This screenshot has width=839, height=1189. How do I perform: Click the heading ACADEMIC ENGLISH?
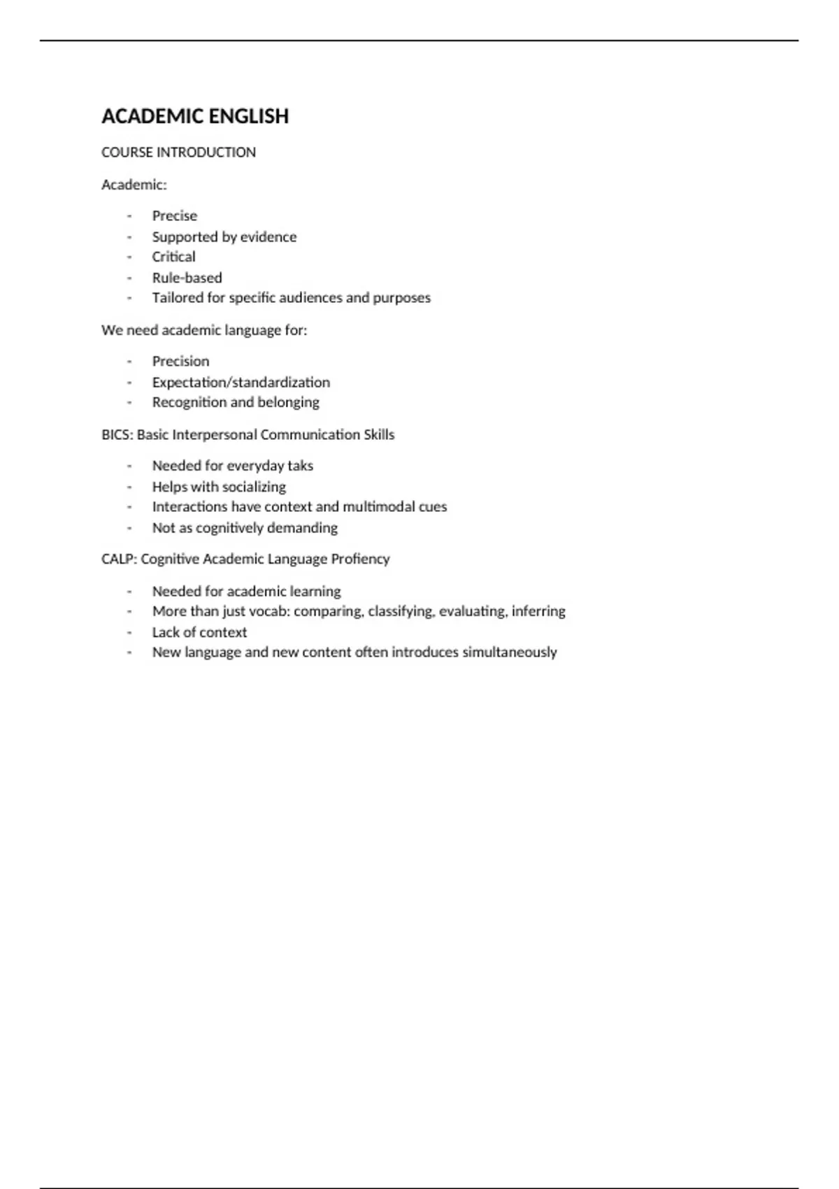[195, 116]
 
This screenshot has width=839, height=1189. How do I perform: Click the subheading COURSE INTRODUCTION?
[178, 152]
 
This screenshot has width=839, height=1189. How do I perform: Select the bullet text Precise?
[175, 216]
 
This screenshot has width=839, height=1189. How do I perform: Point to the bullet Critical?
[174, 257]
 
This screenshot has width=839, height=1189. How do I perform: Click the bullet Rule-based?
[187, 278]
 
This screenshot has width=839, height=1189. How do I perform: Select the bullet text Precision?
[180, 362]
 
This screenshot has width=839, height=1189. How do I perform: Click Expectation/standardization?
[241, 383]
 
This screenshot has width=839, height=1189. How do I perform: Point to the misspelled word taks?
[301, 466]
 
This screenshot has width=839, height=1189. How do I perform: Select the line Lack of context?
[199, 632]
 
